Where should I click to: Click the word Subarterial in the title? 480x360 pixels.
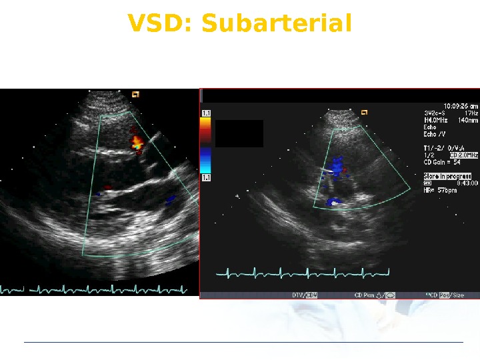coord(276,24)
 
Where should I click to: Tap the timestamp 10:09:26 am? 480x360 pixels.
coord(451,106)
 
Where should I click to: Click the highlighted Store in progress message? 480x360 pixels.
coord(447,176)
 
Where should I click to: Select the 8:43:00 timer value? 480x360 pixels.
coord(464,183)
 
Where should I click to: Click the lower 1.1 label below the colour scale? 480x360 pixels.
coord(206,178)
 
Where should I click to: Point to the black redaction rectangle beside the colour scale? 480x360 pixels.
coord(239,133)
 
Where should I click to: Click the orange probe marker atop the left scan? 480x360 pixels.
coord(135,95)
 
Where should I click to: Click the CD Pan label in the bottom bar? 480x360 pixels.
coord(375,295)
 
